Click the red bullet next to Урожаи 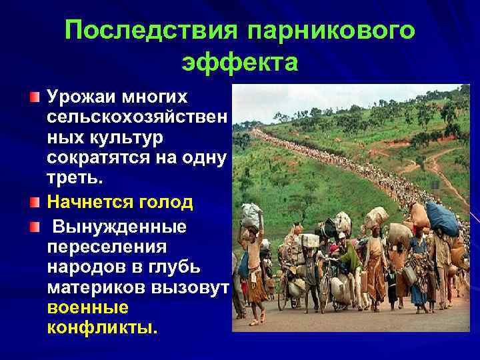[34, 97]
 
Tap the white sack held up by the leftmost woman [251, 216]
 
